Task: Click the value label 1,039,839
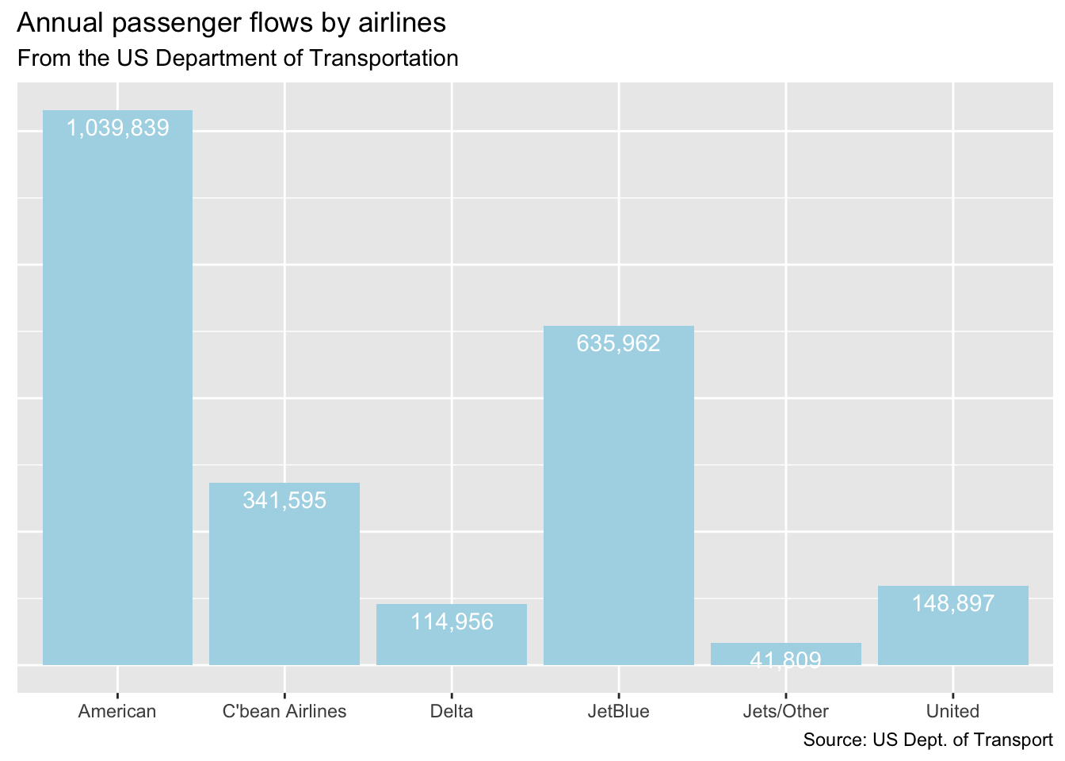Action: pyautogui.click(x=117, y=128)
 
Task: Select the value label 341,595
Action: pyautogui.click(x=284, y=500)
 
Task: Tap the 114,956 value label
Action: pyautogui.click(x=452, y=621)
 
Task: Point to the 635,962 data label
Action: pyautogui.click(x=619, y=343)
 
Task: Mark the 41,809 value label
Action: pyautogui.click(x=786, y=660)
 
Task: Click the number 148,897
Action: pyautogui.click(x=953, y=603)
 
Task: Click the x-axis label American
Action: pyautogui.click(x=117, y=711)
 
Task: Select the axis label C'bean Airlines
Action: pyautogui.click(x=284, y=711)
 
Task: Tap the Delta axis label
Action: pyautogui.click(x=452, y=711)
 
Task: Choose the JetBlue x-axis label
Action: pyautogui.click(x=619, y=711)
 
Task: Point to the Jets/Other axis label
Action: pyautogui.click(x=786, y=711)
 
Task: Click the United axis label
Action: pyautogui.click(x=953, y=711)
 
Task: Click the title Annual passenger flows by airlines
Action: pyautogui.click(x=231, y=24)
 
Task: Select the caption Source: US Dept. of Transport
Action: pyautogui.click(x=928, y=740)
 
